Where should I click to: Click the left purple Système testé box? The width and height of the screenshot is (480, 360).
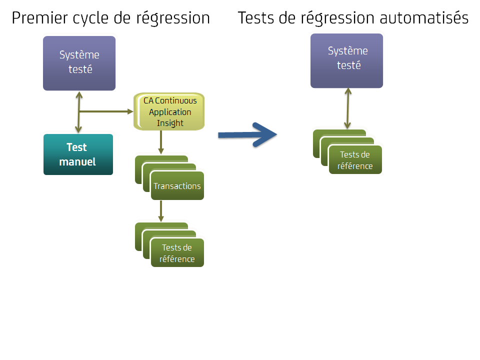(x=79, y=63)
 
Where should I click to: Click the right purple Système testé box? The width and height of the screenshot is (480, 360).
(x=346, y=60)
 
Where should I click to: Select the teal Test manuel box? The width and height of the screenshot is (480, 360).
(x=78, y=154)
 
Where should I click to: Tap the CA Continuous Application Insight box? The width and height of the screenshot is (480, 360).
(x=169, y=111)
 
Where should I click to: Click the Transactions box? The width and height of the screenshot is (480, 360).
(x=177, y=186)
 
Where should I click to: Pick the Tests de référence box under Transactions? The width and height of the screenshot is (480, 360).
(x=177, y=253)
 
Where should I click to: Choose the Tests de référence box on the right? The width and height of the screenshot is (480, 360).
(x=355, y=160)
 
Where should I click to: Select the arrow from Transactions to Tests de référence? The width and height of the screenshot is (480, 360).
(x=161, y=211)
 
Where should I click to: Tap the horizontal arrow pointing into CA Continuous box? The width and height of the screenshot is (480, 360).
(x=107, y=111)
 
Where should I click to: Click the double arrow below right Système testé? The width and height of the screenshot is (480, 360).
(x=346, y=109)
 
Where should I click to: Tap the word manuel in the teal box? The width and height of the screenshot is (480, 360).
(x=77, y=162)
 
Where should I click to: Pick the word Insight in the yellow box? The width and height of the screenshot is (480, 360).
(x=170, y=123)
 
